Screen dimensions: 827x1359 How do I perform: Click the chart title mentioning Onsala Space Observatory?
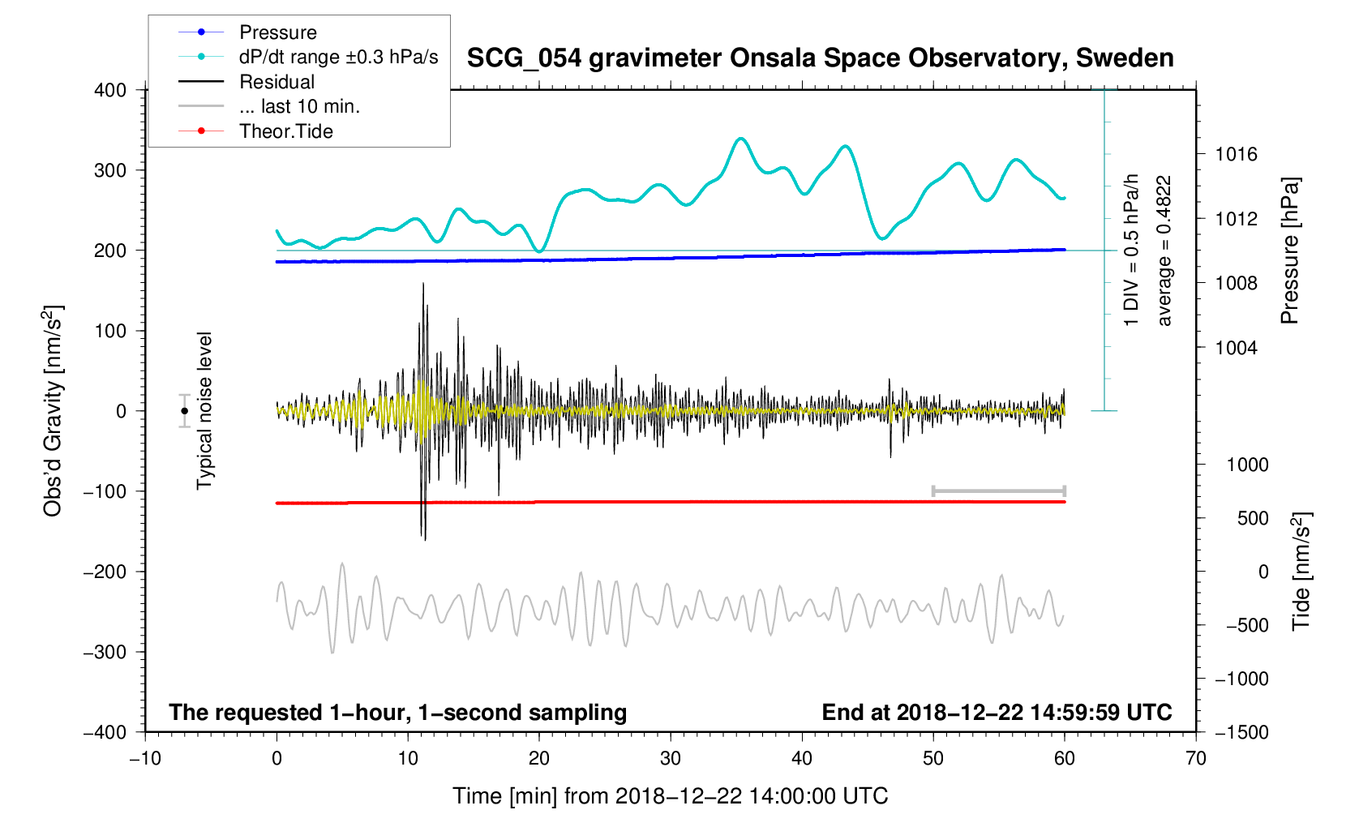point(820,58)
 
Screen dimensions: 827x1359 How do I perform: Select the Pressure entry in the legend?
point(277,32)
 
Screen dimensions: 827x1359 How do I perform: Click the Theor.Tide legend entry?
point(285,131)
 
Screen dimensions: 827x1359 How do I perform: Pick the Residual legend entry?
point(277,82)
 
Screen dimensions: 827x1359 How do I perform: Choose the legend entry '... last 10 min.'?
point(299,106)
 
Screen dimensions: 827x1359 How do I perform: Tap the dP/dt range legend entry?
point(338,57)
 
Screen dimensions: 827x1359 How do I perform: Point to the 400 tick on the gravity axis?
point(110,90)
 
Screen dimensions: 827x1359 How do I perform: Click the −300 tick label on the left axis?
point(105,652)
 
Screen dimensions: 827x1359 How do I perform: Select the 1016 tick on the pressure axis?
point(1236,154)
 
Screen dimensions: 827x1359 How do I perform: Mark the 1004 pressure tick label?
point(1236,348)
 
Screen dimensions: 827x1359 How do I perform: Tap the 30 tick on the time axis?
point(671,759)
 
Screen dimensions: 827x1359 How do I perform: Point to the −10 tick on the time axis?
point(145,759)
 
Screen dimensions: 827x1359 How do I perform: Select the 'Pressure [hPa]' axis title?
point(1289,251)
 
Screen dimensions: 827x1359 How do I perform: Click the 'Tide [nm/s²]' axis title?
point(1301,571)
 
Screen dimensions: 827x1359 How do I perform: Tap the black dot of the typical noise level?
point(185,411)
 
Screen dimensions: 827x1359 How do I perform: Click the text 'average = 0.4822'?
point(1164,251)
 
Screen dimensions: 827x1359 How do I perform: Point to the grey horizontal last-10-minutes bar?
point(998,491)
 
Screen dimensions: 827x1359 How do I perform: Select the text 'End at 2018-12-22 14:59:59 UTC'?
point(997,713)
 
